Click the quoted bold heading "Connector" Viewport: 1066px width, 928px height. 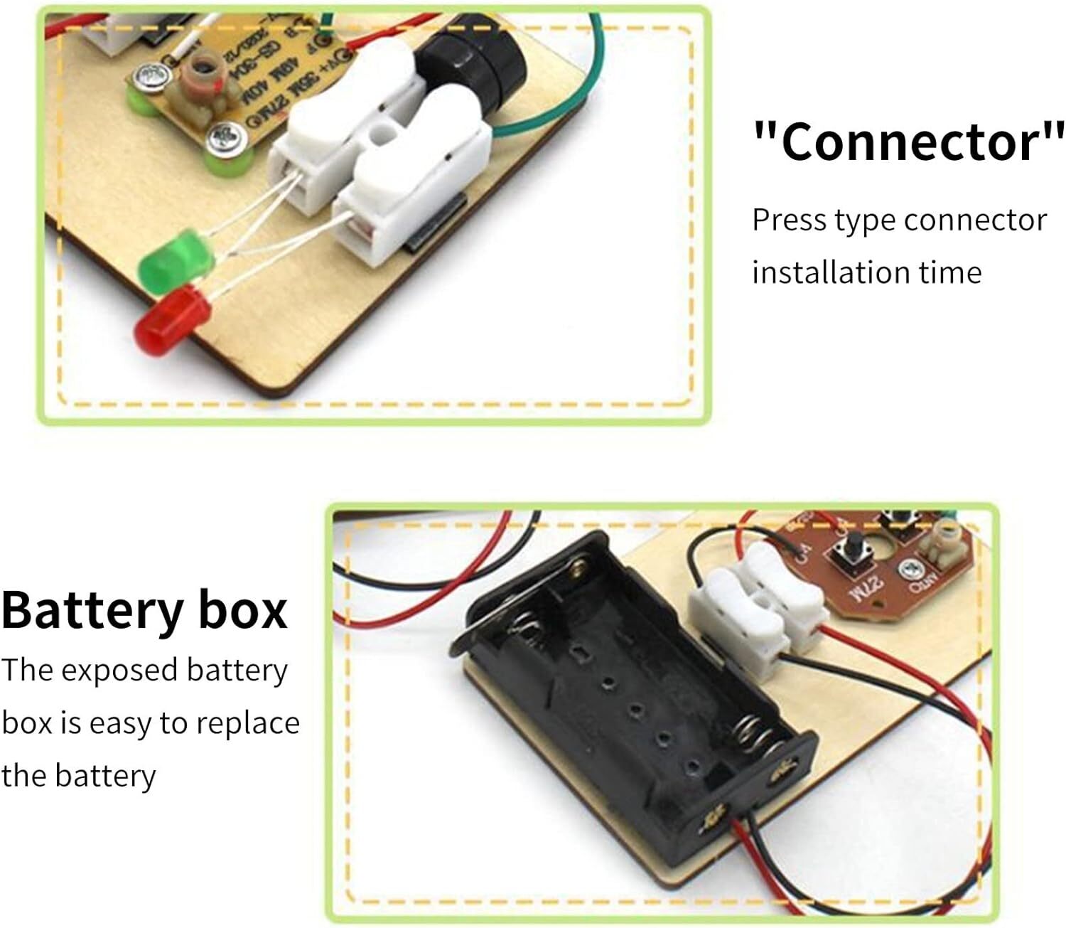(x=909, y=141)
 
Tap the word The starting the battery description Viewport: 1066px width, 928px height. (x=27, y=671)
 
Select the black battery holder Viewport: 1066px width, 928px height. (x=632, y=683)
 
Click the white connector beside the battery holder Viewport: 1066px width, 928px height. (x=755, y=609)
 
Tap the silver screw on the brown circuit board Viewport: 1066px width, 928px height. (x=909, y=568)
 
